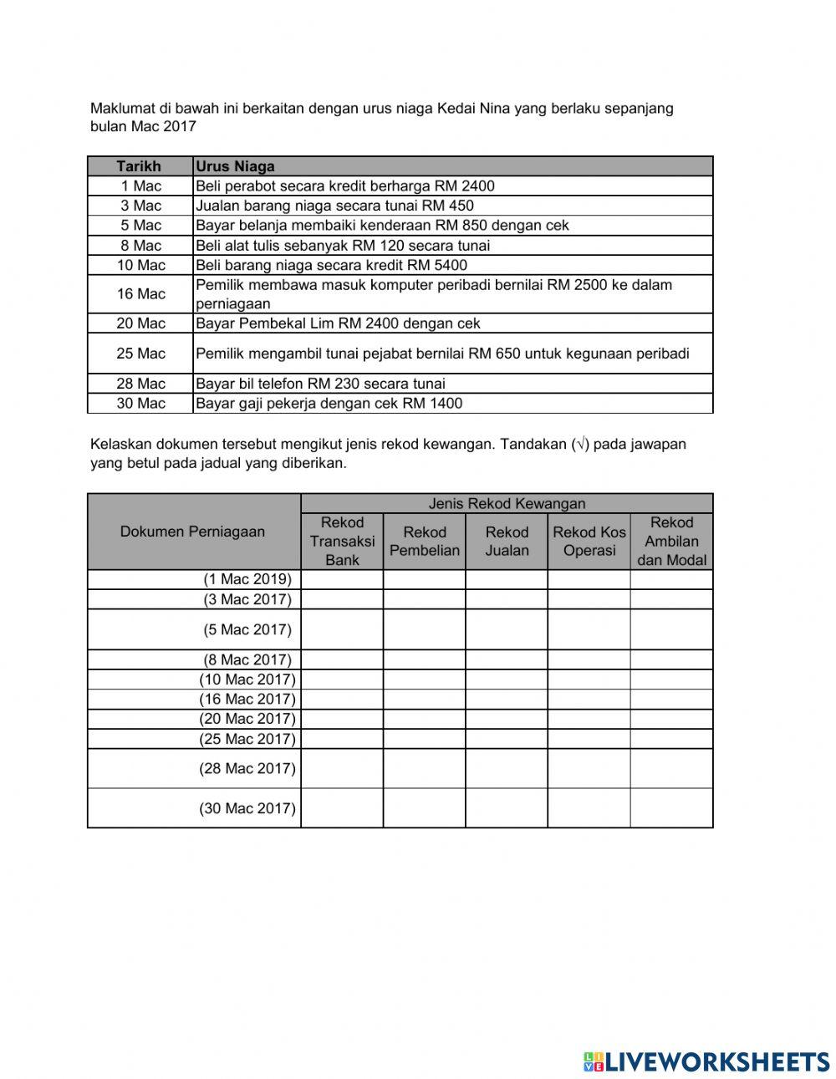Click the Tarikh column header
tap(140, 166)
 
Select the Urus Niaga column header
tap(235, 166)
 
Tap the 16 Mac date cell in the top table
tap(140, 294)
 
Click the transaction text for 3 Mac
tap(334, 206)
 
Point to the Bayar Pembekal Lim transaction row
tap(338, 323)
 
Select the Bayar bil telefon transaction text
tap(320, 384)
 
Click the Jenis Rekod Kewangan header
tap(507, 503)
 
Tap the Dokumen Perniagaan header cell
tap(193, 532)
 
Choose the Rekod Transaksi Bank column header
tap(342, 542)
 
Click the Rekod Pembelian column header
tap(425, 542)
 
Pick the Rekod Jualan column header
tap(507, 542)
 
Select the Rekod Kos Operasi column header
tap(589, 542)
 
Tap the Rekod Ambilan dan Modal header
tap(671, 542)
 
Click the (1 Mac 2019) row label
tap(247, 579)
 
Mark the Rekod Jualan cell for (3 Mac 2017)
tap(507, 599)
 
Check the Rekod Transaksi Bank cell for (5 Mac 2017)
tap(342, 629)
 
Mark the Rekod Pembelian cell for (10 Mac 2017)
tap(425, 679)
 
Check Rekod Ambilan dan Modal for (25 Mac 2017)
tap(671, 739)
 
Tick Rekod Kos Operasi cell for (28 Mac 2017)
tap(589, 768)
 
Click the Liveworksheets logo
tap(706, 1061)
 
